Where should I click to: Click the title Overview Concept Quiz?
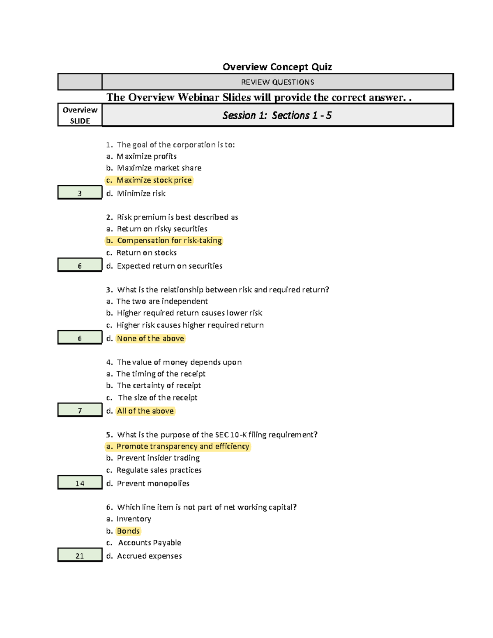pyautogui.click(x=277, y=67)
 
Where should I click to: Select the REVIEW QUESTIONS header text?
pyautogui.click(x=277, y=82)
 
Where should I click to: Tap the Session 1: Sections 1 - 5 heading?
pyautogui.click(x=277, y=115)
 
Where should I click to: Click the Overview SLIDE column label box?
pyautogui.click(x=80, y=115)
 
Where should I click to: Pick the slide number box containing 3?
pyautogui.click(x=80, y=193)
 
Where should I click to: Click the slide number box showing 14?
pyautogui.click(x=80, y=483)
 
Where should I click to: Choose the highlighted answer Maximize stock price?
pyautogui.click(x=154, y=180)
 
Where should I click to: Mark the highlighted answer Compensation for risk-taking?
pyautogui.click(x=169, y=240)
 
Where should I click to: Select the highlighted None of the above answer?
pyautogui.click(x=150, y=339)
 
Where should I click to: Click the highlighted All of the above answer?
pyautogui.click(x=145, y=411)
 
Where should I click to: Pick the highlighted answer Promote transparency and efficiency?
pyautogui.click(x=182, y=447)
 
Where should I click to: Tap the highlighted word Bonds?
pyautogui.click(x=128, y=531)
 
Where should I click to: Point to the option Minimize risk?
pyautogui.click(x=141, y=193)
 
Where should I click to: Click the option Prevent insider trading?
pyautogui.click(x=158, y=458)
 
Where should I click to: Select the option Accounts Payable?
pyautogui.click(x=150, y=543)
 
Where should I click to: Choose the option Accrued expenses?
pyautogui.click(x=149, y=556)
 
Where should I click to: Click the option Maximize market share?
pyautogui.click(x=159, y=168)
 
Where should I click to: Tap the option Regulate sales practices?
pyautogui.click(x=159, y=470)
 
